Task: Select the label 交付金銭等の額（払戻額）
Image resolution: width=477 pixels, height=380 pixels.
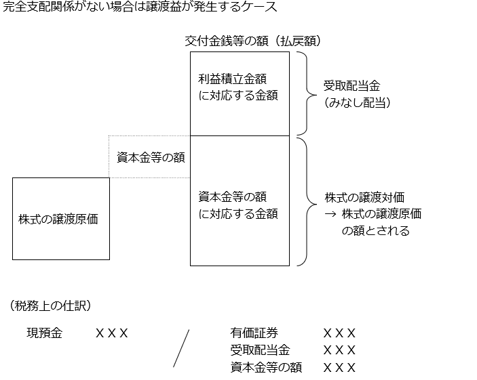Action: click(x=253, y=41)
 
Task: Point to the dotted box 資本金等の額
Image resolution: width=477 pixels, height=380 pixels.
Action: click(x=150, y=157)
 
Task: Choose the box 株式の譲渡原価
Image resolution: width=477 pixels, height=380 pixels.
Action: click(x=61, y=219)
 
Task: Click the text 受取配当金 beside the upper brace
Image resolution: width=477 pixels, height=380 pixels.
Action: click(x=351, y=86)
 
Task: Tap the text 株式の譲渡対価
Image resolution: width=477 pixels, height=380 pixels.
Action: click(x=364, y=198)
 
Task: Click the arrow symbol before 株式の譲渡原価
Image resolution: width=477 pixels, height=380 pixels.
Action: click(x=331, y=214)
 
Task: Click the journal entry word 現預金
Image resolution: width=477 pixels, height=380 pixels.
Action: click(x=44, y=333)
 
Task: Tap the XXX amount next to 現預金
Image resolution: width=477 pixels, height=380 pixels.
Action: click(x=111, y=333)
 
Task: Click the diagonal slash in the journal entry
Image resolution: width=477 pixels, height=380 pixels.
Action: click(x=180, y=348)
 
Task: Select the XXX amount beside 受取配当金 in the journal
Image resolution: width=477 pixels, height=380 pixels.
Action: click(x=339, y=350)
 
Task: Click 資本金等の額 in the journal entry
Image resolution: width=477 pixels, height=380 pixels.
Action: click(x=266, y=367)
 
